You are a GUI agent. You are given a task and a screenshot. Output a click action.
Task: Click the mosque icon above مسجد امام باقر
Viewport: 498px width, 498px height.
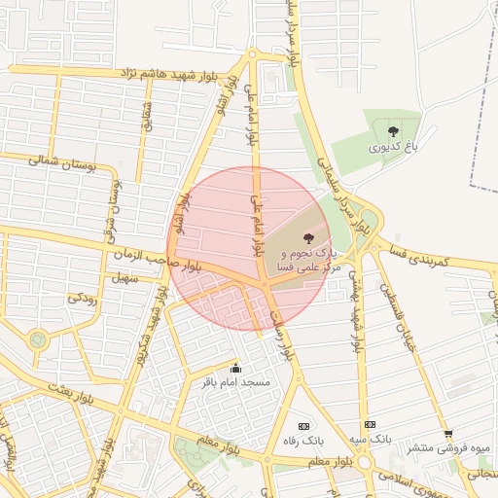pyautogui.click(x=234, y=368)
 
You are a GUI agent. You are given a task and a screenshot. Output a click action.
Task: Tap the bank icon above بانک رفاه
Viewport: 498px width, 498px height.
pyautogui.click(x=303, y=426)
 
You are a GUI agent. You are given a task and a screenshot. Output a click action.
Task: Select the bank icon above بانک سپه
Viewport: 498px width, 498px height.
pyautogui.click(x=370, y=424)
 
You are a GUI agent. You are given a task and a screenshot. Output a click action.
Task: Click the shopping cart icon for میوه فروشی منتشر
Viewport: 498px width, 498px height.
pyautogui.click(x=447, y=434)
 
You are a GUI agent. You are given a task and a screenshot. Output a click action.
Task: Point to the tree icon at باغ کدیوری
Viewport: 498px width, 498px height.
pyautogui.click(x=393, y=131)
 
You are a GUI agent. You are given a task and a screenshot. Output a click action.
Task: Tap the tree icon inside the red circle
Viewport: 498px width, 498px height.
pyautogui.click(x=308, y=236)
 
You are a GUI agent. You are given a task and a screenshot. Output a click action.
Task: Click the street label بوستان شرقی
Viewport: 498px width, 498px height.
pyautogui.click(x=115, y=198)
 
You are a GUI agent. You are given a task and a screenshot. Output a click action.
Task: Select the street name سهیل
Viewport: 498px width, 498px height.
pyautogui.click(x=127, y=278)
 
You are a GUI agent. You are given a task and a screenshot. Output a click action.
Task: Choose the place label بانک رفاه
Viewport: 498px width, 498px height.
pyautogui.click(x=303, y=442)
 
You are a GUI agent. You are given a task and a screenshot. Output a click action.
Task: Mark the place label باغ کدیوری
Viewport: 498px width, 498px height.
pyautogui.click(x=393, y=149)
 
